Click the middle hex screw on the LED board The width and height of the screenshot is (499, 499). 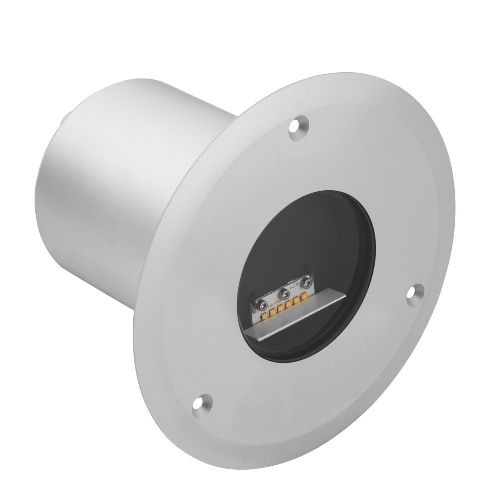(284, 294)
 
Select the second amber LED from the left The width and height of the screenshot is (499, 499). (272, 312)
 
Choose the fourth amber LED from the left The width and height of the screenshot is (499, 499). (288, 304)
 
